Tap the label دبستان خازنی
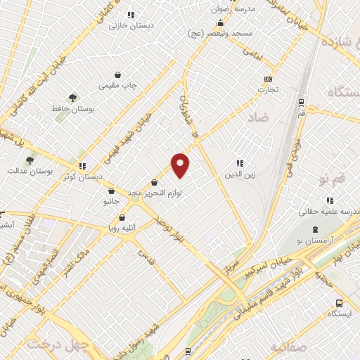coord(129,24)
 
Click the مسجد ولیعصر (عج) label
coord(226,34)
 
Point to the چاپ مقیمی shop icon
coord(117,75)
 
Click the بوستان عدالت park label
coord(26,171)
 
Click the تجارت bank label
coord(267,89)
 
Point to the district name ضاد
coord(258,119)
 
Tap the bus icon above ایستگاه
coord(339,303)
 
